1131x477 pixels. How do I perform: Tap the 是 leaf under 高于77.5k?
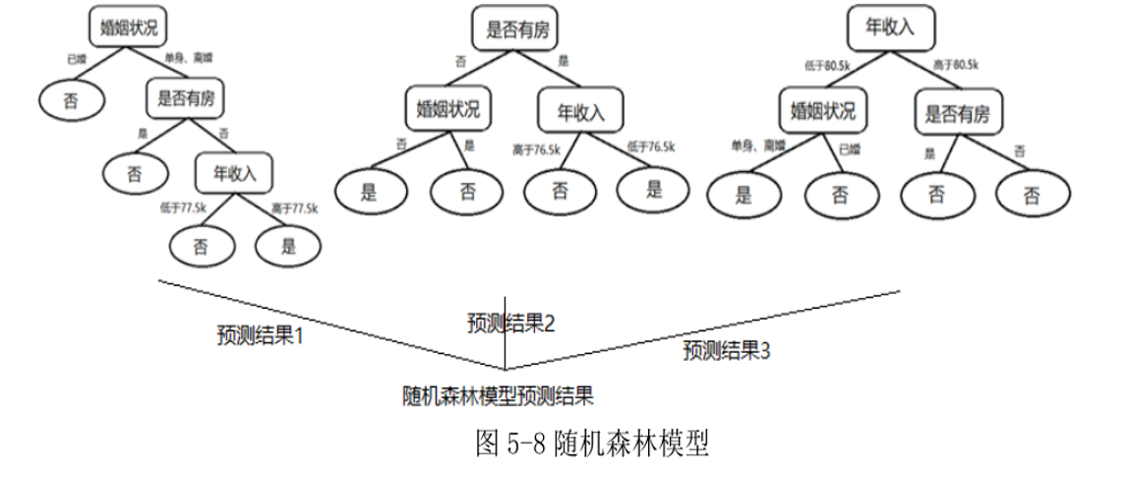(x=288, y=247)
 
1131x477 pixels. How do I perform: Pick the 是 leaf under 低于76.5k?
(x=654, y=190)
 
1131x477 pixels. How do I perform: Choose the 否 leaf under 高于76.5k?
(x=560, y=192)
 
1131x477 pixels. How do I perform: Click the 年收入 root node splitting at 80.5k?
(x=890, y=28)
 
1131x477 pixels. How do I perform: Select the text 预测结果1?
(x=260, y=334)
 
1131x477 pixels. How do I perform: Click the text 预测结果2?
(x=510, y=323)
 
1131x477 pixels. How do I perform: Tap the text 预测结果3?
(x=726, y=350)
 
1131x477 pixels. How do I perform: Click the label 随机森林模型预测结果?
(x=499, y=395)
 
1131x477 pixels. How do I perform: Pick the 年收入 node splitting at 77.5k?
(x=234, y=175)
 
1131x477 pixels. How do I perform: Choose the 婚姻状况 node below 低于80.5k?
(x=823, y=111)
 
